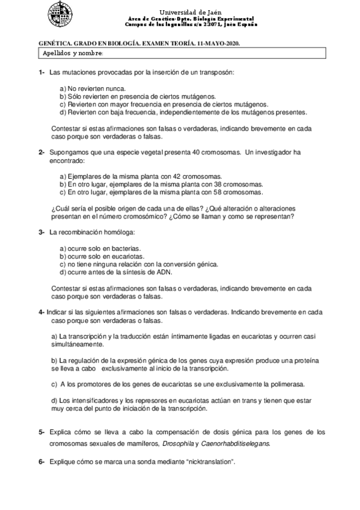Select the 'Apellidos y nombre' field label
(x=73, y=54)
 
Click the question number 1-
(x=41, y=73)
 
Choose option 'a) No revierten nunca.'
(x=92, y=88)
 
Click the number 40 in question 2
(x=196, y=153)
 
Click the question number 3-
(x=41, y=232)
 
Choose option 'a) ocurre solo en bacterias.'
(x=100, y=248)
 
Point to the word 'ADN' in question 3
(x=164, y=271)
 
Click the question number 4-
(x=41, y=313)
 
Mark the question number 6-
(x=41, y=461)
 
